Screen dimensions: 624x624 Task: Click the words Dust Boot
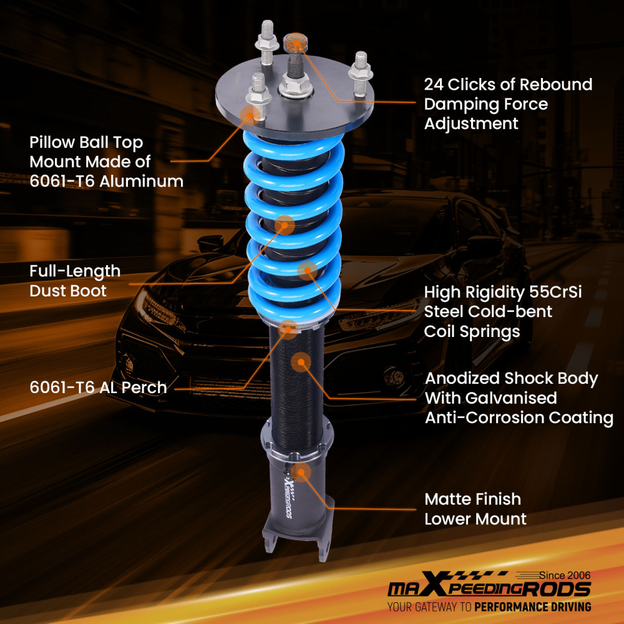[x=68, y=291]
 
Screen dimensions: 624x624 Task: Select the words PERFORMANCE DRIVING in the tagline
[x=532, y=607]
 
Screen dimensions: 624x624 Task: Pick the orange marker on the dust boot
[x=285, y=225]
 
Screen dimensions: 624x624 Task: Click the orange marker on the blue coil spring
[x=307, y=270]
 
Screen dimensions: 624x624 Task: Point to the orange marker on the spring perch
[x=288, y=328]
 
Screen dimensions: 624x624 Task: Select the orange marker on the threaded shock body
[x=301, y=362]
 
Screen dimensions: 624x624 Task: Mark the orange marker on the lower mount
[x=301, y=472]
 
